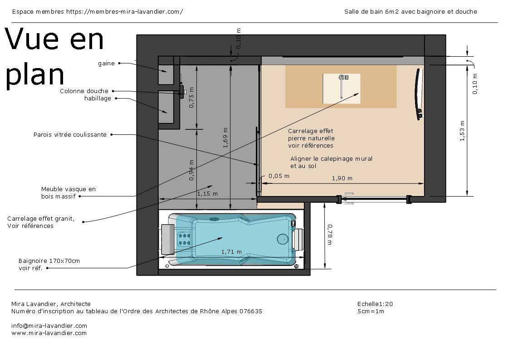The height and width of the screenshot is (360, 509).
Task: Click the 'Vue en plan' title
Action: [54, 57]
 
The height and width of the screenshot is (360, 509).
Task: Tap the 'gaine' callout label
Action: [106, 64]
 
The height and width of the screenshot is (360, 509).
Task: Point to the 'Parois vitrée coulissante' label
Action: [70, 135]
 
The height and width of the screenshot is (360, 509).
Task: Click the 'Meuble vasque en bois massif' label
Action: [68, 192]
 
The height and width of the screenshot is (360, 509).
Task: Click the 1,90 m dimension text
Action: [342, 178]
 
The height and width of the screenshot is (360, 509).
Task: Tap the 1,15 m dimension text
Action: [207, 194]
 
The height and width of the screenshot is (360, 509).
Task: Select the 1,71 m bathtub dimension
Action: [231, 252]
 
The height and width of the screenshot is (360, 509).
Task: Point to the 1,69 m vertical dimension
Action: [226, 138]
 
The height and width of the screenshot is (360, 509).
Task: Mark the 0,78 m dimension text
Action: [329, 235]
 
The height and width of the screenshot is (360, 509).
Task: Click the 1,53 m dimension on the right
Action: [462, 131]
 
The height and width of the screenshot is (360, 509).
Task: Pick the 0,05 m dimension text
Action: [279, 176]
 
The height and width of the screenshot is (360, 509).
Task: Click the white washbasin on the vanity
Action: [341, 88]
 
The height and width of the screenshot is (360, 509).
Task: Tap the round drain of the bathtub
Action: [282, 238]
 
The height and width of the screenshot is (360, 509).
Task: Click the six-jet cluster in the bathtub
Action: [184, 239]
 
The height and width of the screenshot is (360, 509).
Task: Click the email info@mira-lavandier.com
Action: [49, 325]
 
